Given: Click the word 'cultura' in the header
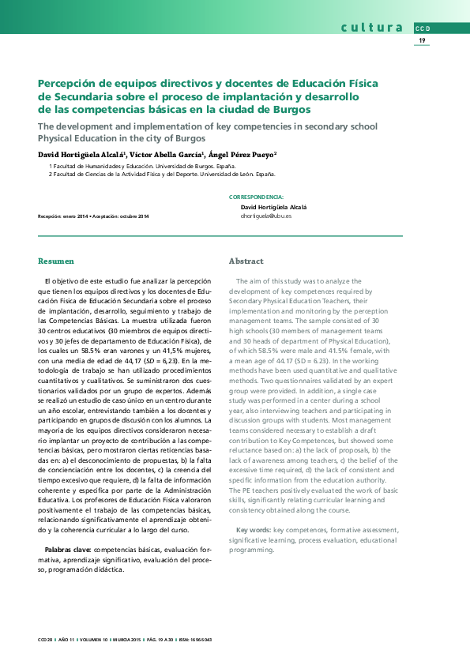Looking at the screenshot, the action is click(372, 28).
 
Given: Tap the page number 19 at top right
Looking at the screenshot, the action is click(422, 40).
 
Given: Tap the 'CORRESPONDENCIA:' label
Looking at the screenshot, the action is click(256, 196).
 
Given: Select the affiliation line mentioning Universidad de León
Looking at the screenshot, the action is click(162, 174).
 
